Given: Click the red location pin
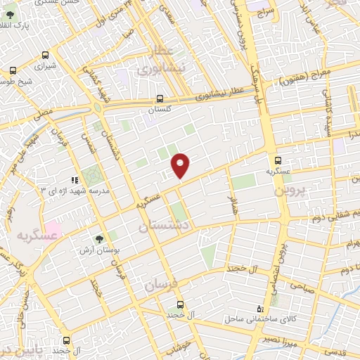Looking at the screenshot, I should (181, 165).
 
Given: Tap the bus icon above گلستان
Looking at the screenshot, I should (160, 98).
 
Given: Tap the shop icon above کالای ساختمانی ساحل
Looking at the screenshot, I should (261, 308).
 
